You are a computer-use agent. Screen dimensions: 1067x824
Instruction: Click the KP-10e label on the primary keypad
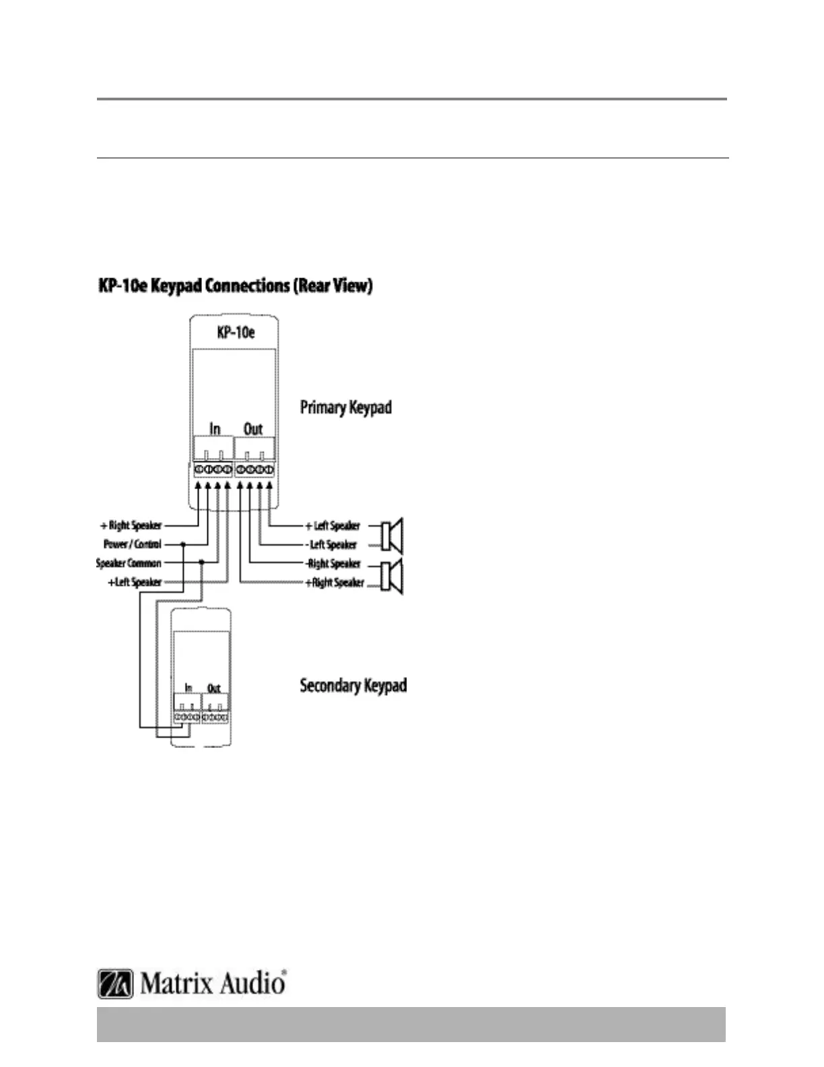[236, 332]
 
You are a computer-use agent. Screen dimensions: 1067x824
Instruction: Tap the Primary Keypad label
[345, 408]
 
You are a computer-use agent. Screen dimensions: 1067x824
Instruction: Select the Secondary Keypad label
[353, 686]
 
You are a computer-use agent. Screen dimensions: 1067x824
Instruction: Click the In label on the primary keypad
[215, 429]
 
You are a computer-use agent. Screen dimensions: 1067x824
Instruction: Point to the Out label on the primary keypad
[253, 429]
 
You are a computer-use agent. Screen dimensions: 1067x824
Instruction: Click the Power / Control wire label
[133, 544]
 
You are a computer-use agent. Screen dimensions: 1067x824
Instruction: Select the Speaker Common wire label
[129, 563]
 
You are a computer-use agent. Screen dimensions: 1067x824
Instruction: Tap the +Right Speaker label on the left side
[131, 525]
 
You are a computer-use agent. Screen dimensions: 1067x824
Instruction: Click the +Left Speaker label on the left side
[135, 582]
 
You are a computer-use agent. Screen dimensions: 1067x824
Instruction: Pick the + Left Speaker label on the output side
[333, 525]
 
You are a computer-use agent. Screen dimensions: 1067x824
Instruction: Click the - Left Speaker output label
[333, 544]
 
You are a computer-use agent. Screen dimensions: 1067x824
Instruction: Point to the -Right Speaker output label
[334, 563]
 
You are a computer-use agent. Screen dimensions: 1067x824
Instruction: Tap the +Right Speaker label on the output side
[335, 582]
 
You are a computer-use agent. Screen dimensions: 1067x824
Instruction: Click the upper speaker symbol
[392, 536]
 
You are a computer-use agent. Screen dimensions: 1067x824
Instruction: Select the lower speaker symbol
[392, 577]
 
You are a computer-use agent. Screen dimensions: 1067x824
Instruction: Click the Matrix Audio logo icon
[115, 983]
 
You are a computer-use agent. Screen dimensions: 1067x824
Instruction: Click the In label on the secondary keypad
[188, 688]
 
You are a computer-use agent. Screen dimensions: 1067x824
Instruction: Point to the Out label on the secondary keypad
[214, 688]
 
